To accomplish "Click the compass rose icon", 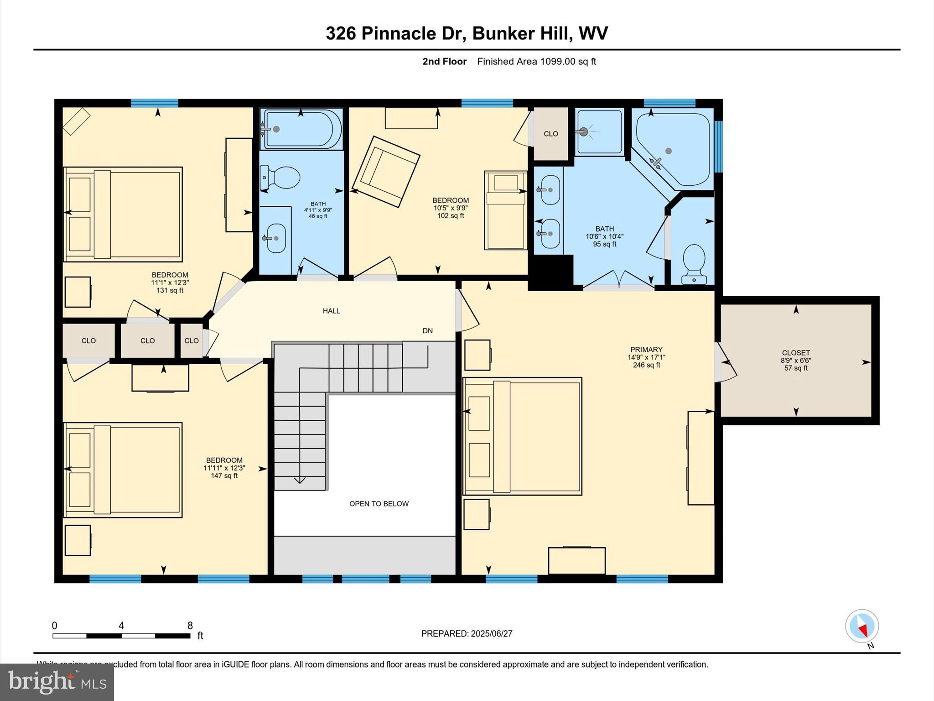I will click(x=861, y=626).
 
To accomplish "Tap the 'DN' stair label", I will click(x=427, y=331).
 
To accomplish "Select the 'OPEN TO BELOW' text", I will click(x=379, y=504).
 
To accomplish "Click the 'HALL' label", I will click(x=332, y=311).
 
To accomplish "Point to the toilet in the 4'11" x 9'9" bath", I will click(x=280, y=178).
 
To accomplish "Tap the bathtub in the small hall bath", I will click(x=301, y=129).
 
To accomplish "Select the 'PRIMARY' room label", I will click(x=646, y=350).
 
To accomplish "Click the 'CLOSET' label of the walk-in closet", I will click(x=796, y=353).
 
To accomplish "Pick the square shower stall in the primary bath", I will click(x=599, y=132).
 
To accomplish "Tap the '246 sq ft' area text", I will click(x=646, y=365).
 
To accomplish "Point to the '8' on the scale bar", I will click(x=190, y=626).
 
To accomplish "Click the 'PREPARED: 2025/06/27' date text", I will click(x=467, y=633).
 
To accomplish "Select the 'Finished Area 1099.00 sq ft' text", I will click(x=536, y=62).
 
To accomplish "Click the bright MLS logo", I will click(x=57, y=682).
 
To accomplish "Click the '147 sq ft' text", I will click(x=224, y=476).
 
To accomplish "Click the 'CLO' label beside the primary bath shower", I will click(x=551, y=134).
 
